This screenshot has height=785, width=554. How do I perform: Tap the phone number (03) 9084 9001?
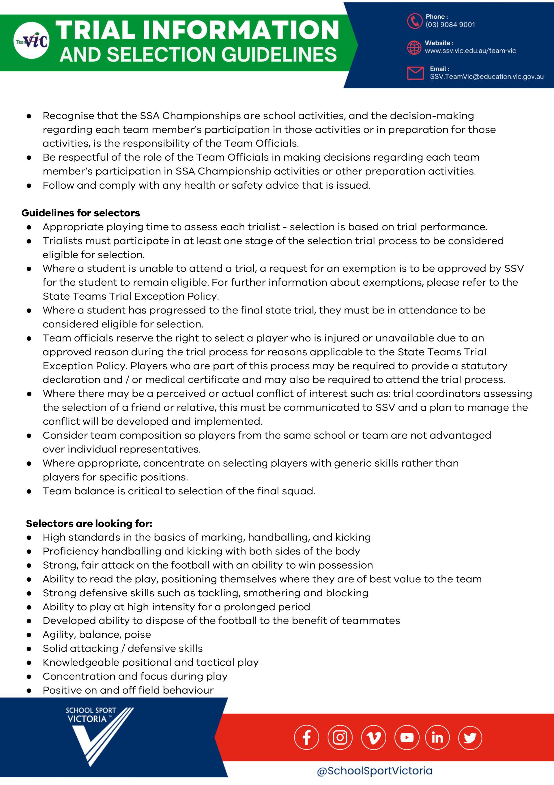450,25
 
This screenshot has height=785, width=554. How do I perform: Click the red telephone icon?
415,21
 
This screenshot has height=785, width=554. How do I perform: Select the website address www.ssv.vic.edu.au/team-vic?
470,51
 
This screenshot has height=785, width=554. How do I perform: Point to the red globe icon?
414,47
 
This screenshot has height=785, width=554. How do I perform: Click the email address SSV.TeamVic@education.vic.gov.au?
486,77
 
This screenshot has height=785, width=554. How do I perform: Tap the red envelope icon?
415,73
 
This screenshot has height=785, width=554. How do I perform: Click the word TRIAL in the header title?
96,30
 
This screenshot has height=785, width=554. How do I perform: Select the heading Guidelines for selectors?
81,213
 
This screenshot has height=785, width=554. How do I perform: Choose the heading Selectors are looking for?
89,524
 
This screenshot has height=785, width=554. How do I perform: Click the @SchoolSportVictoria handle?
375,771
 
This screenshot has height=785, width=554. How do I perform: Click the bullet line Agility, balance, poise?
97,634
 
